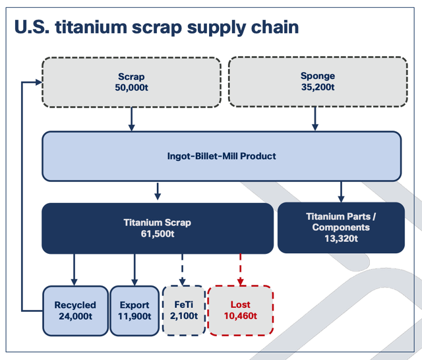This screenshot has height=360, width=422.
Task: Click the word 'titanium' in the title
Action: click(x=91, y=27)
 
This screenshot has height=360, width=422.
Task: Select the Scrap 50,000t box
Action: click(x=131, y=82)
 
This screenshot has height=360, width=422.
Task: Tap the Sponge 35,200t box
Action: click(x=318, y=82)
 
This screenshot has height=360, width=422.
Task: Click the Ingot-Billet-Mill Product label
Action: click(x=222, y=156)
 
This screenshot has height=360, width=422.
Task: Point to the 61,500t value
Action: click(x=158, y=233)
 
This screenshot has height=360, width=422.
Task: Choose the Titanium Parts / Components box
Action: click(x=341, y=227)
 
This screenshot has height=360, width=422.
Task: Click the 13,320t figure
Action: click(x=341, y=239)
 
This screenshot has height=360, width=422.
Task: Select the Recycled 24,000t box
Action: click(x=75, y=311)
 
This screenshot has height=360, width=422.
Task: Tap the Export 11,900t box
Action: click(x=135, y=311)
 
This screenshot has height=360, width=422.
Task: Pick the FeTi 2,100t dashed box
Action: click(x=184, y=311)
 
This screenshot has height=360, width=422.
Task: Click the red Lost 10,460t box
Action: click(x=241, y=311)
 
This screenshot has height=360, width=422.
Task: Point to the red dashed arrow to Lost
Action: click(x=240, y=269)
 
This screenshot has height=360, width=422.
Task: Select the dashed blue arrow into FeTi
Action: click(x=182, y=269)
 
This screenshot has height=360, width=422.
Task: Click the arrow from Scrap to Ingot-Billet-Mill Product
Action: click(x=131, y=119)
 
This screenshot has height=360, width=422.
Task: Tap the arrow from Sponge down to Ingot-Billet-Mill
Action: click(x=315, y=119)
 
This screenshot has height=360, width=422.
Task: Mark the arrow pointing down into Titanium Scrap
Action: click(x=158, y=191)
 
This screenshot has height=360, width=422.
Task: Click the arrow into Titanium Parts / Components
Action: click(x=341, y=192)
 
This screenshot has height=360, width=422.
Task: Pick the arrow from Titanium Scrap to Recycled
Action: click(x=75, y=270)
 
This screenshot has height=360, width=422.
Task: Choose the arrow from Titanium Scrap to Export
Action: click(x=135, y=270)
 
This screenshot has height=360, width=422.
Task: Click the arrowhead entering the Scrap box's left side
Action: click(x=39, y=82)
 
